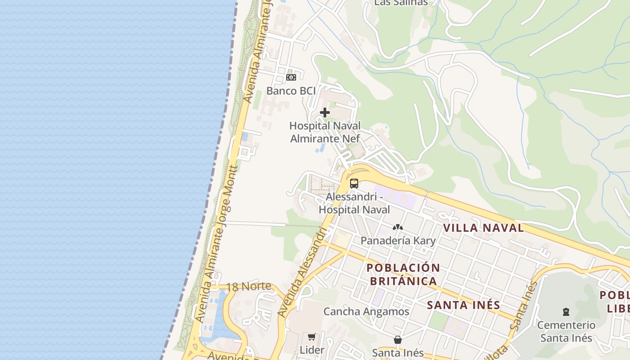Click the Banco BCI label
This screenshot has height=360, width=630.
pos(288,91)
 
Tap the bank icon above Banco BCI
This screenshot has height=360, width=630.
pos(291,77)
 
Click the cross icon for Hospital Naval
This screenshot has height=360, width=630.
pos(324,112)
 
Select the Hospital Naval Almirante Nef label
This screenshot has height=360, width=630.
pos(325,132)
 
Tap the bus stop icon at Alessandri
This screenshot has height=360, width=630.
pos(354,184)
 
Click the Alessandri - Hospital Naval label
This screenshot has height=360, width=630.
pos(354,203)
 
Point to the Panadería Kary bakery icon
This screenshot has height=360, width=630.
pos(397,228)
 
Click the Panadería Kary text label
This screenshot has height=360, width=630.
pos(398,240)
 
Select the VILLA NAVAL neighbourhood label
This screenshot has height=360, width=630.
pos(484,228)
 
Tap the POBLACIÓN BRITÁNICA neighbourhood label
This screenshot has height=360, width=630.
pos(403,274)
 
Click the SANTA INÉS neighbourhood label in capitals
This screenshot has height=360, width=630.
pos(463,305)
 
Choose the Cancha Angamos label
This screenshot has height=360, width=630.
pos(366,311)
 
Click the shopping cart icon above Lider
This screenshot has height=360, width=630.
pos(311,337)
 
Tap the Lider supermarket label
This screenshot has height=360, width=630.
pos(312,350)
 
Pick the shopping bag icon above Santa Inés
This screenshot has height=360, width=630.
pos(398,340)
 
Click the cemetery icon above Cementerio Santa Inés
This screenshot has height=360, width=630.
pos(566,311)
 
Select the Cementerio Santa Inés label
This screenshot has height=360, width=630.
pos(566,331)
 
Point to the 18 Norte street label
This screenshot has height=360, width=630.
pos(248,287)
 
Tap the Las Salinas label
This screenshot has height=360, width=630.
pos(401,3)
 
